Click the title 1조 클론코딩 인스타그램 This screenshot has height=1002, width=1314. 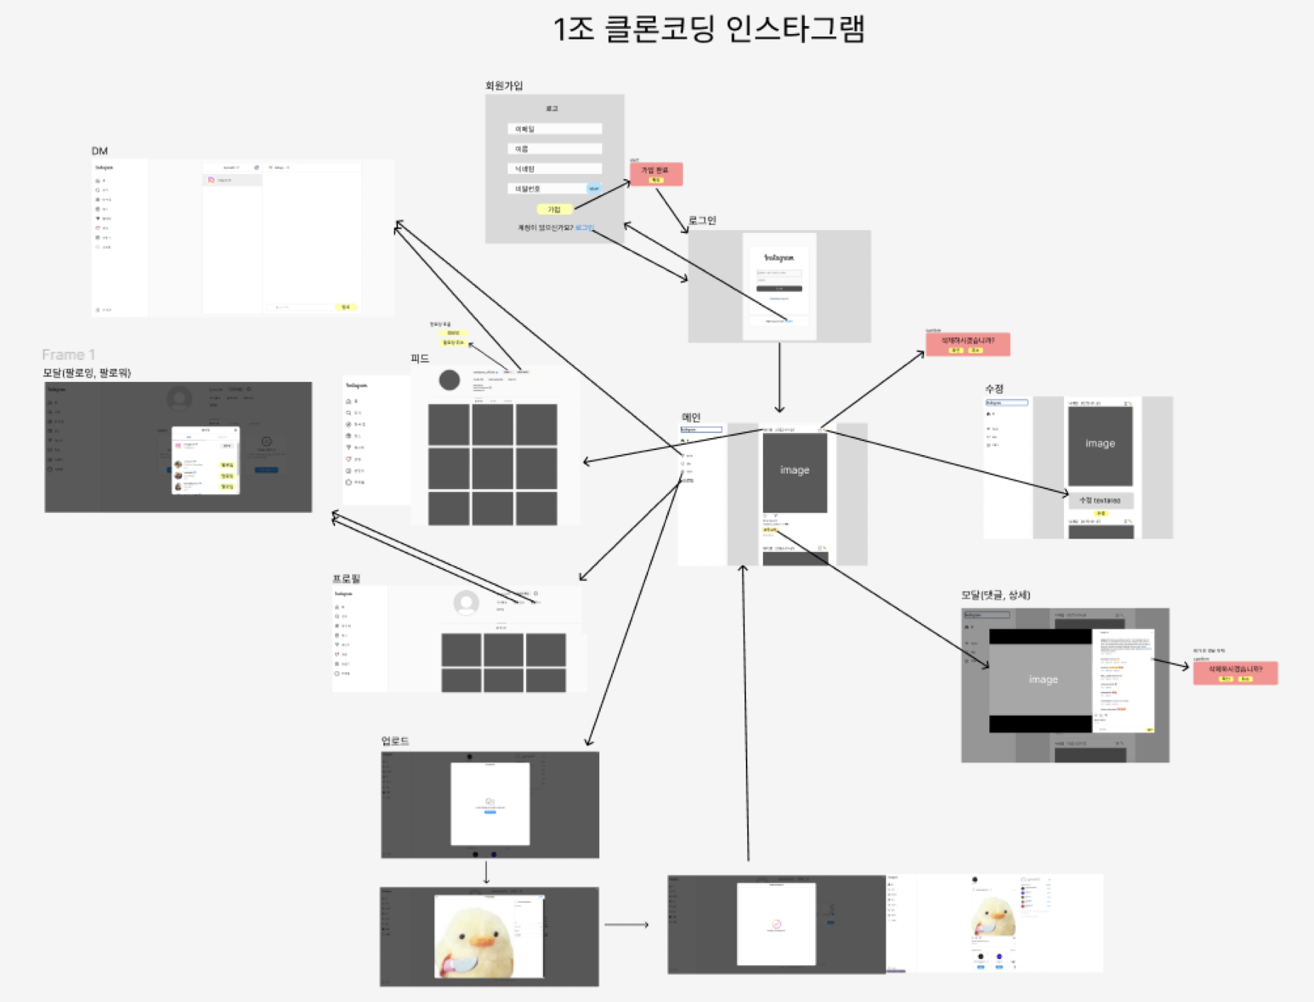tap(709, 30)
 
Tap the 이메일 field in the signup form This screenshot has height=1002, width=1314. tap(554, 129)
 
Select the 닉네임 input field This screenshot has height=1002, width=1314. tap(554, 169)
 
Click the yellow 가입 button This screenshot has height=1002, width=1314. tap(554, 209)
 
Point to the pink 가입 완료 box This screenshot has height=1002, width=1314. tap(656, 174)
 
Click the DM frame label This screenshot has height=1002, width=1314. tap(100, 151)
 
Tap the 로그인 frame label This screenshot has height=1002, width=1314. tap(702, 221)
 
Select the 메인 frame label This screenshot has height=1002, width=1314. tap(691, 417)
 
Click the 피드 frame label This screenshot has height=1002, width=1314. tap(420, 358)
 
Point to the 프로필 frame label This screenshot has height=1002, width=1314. tap(346, 578)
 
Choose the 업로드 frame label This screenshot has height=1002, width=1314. tap(395, 741)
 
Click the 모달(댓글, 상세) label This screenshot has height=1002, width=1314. tap(995, 595)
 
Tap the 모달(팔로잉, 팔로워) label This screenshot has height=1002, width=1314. tap(87, 372)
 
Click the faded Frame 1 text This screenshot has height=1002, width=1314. tap(68, 354)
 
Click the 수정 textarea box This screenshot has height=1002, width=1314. tap(1100, 500)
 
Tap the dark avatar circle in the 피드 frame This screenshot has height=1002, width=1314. tap(449, 380)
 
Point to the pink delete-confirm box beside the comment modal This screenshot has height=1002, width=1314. tap(1235, 672)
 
